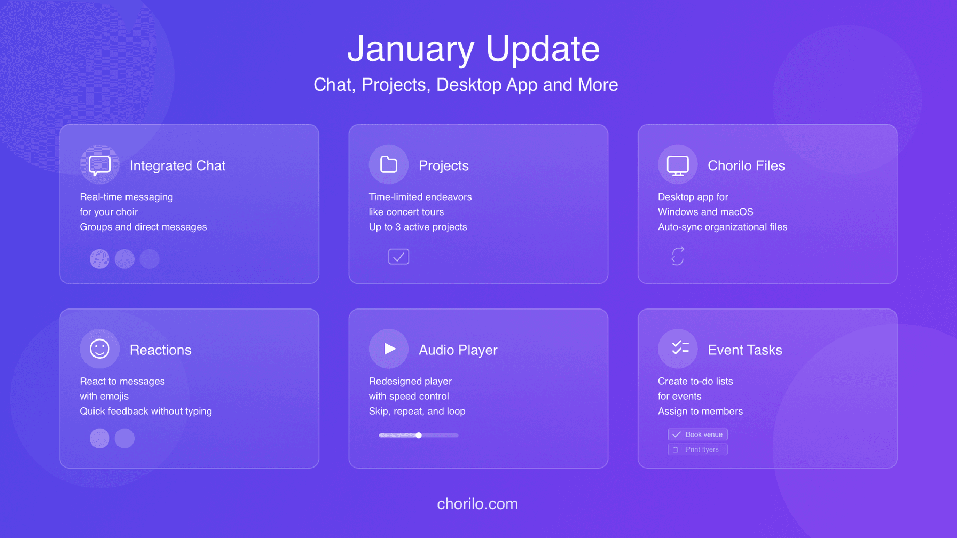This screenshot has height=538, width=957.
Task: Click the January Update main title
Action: (x=473, y=49)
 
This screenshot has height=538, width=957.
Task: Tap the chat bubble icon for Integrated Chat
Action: (x=100, y=165)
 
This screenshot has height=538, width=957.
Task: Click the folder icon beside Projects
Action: (x=389, y=165)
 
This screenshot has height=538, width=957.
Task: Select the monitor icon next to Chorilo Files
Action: (x=678, y=165)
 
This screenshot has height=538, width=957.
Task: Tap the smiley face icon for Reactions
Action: (x=100, y=349)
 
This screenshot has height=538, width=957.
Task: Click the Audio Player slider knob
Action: (x=419, y=436)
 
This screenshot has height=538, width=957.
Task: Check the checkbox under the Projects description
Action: (x=399, y=257)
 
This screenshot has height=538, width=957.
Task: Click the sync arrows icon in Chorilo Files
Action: (x=678, y=256)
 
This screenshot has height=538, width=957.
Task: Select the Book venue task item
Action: (x=697, y=434)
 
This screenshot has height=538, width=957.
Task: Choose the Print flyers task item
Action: (x=697, y=449)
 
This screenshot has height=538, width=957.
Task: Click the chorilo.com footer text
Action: (x=477, y=504)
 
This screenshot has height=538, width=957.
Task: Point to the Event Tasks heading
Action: (x=744, y=350)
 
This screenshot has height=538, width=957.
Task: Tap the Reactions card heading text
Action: (x=160, y=350)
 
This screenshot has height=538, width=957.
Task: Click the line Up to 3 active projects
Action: (x=418, y=227)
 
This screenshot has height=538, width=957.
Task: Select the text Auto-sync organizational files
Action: (x=722, y=227)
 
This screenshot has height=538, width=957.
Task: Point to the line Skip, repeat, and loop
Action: (x=417, y=411)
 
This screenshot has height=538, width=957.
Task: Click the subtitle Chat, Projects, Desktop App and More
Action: (x=466, y=85)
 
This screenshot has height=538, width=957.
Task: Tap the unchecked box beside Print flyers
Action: (x=676, y=450)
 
